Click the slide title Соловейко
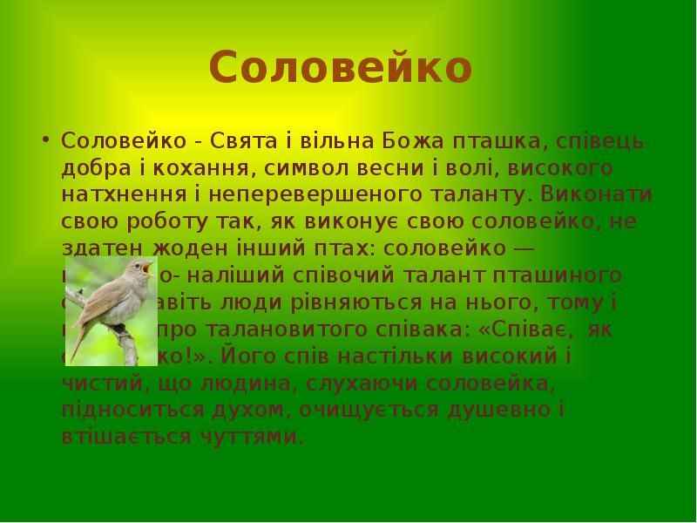(x=341, y=68)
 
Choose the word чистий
(x=97, y=384)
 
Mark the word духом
(x=229, y=411)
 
